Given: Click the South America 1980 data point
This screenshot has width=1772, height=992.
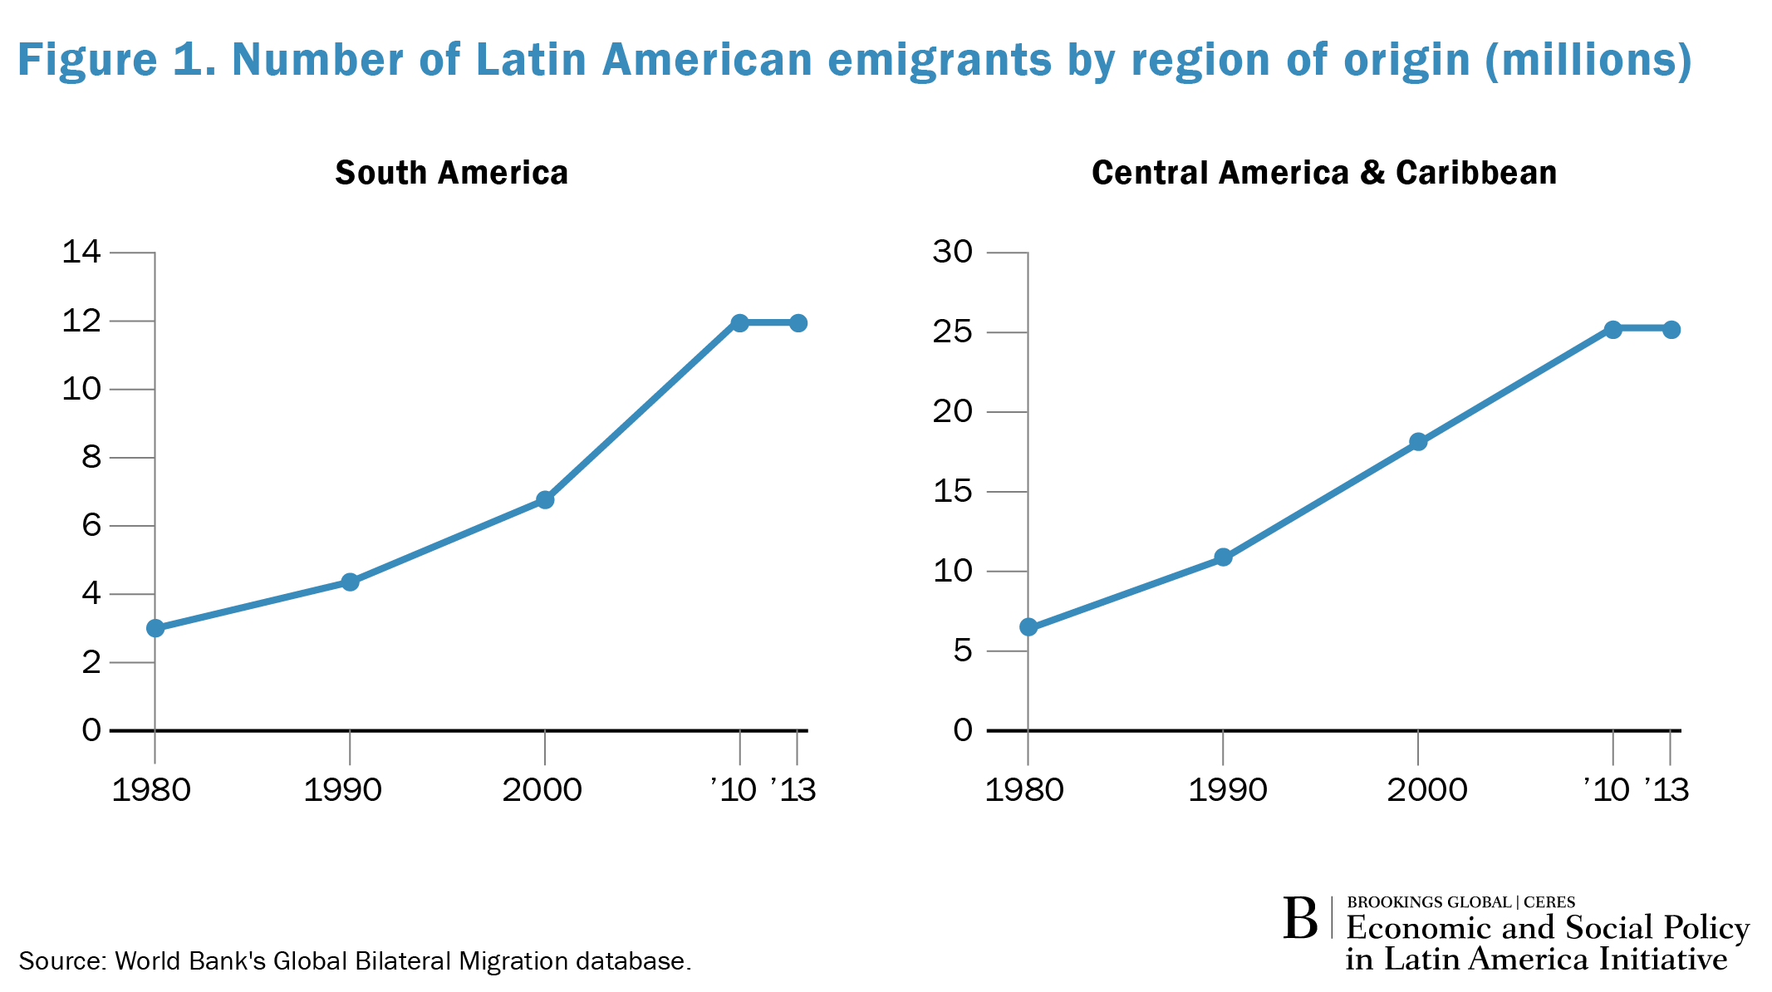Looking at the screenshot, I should [155, 628].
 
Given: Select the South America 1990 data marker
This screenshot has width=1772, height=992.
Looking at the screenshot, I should [350, 582].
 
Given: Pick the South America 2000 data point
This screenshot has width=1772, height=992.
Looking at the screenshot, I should [545, 499].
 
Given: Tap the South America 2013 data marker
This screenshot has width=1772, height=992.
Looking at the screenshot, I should [798, 322].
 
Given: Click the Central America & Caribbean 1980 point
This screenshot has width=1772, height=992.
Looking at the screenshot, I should [1028, 626].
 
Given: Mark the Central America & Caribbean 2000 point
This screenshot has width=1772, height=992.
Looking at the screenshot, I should [1418, 441].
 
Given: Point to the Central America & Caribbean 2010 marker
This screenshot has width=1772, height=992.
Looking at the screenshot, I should [1612, 329].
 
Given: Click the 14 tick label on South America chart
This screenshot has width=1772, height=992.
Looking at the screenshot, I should [81, 252].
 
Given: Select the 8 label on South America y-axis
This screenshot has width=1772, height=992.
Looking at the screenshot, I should [91, 457].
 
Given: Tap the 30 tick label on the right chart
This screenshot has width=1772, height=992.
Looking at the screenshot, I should [952, 252].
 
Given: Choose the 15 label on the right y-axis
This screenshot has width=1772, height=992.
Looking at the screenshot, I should [952, 492].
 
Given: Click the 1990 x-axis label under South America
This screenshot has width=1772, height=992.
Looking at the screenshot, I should [342, 790].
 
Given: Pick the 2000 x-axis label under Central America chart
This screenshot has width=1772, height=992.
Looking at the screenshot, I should [1426, 790].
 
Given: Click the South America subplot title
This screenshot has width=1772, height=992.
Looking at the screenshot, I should [451, 173].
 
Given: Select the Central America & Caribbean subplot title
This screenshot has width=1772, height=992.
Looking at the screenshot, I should [1323, 173].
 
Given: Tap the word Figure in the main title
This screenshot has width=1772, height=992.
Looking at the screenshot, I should [87, 60].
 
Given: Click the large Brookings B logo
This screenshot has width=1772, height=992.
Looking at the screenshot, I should [1300, 919].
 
